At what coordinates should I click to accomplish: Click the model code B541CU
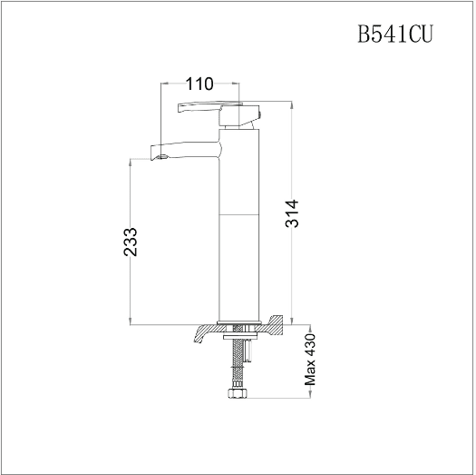point(395,34)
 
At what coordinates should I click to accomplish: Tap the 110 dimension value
point(199,84)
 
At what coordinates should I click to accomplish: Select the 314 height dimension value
point(292,213)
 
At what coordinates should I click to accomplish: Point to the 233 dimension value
point(131,242)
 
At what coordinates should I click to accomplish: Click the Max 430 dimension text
point(310,360)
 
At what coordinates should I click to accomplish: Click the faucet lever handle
point(209,107)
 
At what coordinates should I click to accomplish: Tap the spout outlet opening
point(163,157)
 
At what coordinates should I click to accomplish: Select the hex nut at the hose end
point(237,392)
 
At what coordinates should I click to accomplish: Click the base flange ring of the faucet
point(239,322)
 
